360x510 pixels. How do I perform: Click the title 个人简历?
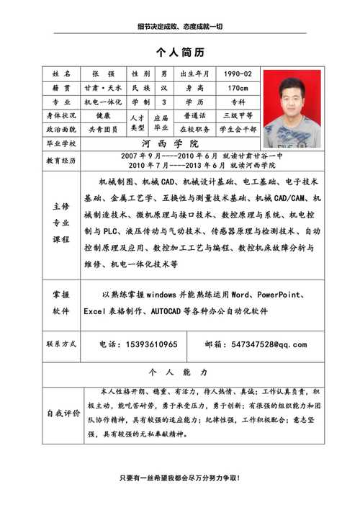coord(180,53)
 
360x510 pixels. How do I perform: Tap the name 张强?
coord(104,74)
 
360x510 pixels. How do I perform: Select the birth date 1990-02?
coord(237,74)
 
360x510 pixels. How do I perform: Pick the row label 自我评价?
coord(63,413)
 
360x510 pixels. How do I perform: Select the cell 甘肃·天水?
coord(104,88)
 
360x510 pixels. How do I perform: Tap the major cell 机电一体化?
coord(104,102)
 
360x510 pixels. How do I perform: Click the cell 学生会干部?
coord(237,129)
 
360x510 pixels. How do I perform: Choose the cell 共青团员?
coord(104,129)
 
